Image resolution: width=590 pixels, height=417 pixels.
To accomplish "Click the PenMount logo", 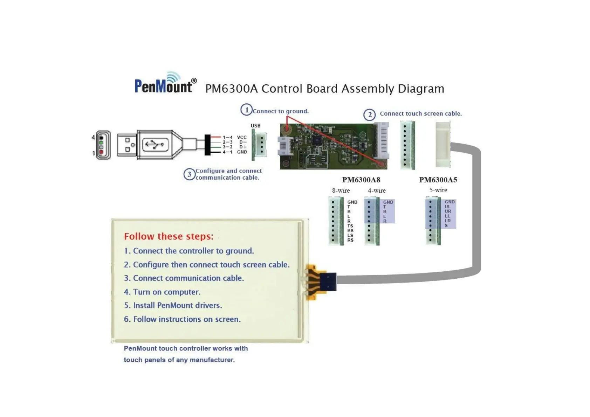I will (x=164, y=84).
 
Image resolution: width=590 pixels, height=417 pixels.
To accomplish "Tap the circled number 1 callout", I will (x=246, y=110).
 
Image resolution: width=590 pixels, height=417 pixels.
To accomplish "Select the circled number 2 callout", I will (x=369, y=114).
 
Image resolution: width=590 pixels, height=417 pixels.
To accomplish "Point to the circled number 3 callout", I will (x=189, y=174).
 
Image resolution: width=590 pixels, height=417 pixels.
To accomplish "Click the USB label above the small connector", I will (x=255, y=126).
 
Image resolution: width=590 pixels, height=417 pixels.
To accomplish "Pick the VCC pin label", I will (x=242, y=138).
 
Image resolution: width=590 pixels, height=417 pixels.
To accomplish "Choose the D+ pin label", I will (x=242, y=147).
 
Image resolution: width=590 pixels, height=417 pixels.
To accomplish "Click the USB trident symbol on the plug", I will (x=155, y=144).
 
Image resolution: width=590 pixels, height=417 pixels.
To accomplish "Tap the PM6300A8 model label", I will (x=361, y=180).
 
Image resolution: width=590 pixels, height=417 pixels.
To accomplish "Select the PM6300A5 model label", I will (x=438, y=180).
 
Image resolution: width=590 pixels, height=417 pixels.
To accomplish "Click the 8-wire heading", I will (x=341, y=191).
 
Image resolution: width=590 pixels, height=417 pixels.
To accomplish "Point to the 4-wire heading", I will (x=377, y=191).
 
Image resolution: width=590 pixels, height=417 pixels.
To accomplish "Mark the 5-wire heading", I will (x=438, y=190).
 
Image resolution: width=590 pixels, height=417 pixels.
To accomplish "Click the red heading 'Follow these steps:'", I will (x=169, y=236).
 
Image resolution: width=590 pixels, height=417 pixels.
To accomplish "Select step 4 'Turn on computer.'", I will (x=162, y=292).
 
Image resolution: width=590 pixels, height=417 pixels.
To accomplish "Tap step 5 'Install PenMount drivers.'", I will (x=173, y=305).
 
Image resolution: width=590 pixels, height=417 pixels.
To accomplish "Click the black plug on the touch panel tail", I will (x=328, y=282).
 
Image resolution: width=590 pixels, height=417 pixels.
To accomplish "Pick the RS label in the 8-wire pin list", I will (x=350, y=240).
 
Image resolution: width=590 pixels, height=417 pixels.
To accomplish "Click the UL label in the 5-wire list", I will (x=448, y=207).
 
